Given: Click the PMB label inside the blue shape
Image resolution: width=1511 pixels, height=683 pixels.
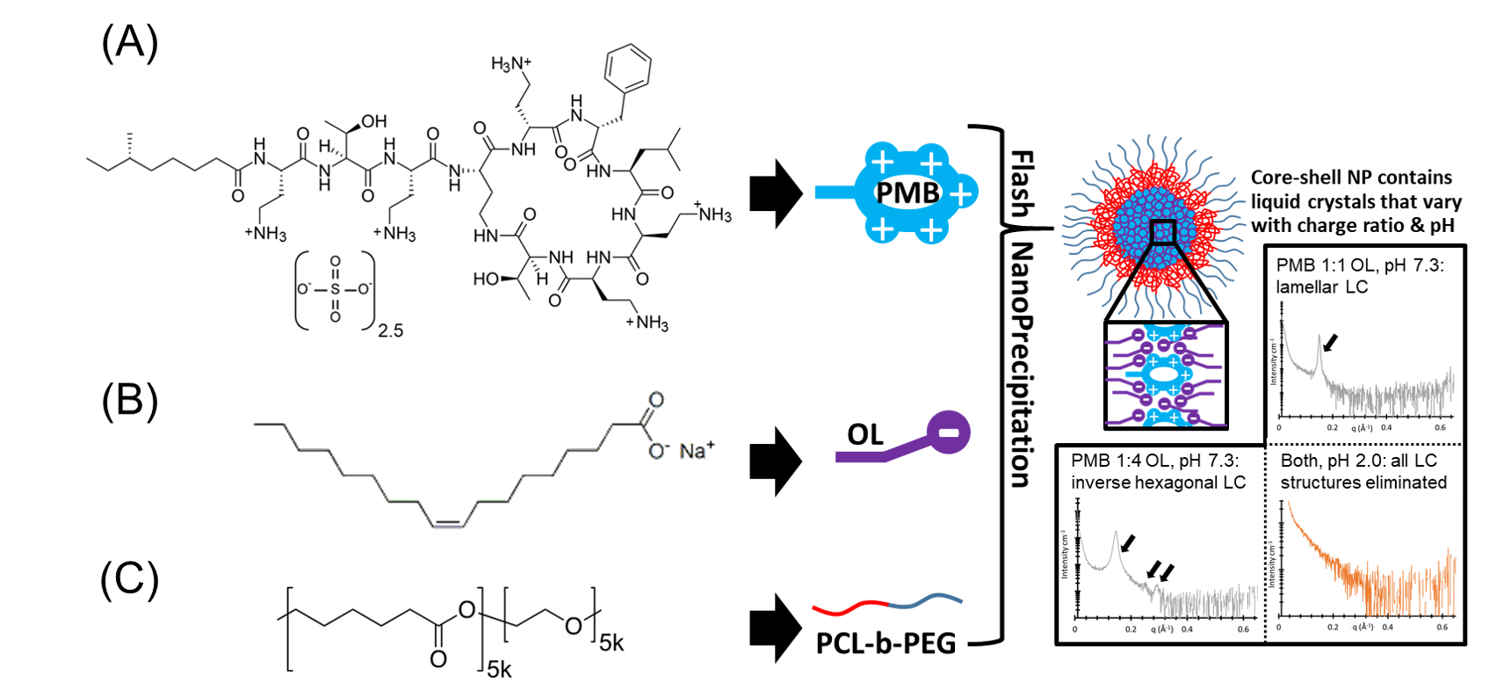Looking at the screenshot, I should click(x=907, y=193).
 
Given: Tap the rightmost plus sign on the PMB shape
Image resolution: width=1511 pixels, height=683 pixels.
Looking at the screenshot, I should click(x=962, y=193).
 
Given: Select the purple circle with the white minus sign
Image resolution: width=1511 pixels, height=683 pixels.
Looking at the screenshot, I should click(x=949, y=432).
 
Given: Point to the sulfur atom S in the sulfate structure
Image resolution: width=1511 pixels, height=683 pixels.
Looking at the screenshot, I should click(x=335, y=289).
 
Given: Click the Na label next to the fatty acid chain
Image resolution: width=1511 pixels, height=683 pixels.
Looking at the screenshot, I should click(x=692, y=452).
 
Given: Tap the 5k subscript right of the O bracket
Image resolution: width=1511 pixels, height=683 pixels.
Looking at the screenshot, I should click(x=611, y=643).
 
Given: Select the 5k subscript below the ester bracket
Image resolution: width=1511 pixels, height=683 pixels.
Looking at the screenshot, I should click(x=499, y=670).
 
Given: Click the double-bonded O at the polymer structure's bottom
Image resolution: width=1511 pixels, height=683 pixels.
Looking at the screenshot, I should click(x=438, y=658).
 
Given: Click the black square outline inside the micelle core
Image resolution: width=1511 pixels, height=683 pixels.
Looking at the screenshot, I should click(x=1163, y=232).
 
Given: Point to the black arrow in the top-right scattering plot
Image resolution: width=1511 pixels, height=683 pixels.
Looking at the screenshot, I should click(x=1331, y=342).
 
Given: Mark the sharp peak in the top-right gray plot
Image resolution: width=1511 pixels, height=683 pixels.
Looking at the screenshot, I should click(x=1319, y=338).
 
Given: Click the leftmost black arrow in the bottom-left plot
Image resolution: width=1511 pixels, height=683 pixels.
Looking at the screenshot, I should click(x=1128, y=543).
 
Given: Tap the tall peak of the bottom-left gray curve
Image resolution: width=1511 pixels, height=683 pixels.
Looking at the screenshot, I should click(x=1116, y=534).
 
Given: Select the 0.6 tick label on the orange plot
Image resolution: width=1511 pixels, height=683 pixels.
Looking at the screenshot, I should click(x=1442, y=627).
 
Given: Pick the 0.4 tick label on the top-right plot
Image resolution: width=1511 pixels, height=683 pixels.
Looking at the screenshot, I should click(x=1386, y=427).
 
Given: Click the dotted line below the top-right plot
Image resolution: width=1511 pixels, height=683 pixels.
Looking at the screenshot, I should click(x=1364, y=445).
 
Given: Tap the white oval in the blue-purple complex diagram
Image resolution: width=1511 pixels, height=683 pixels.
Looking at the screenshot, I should click(x=1163, y=374).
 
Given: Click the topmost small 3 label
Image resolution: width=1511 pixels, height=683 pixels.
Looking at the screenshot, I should click(x=506, y=69).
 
